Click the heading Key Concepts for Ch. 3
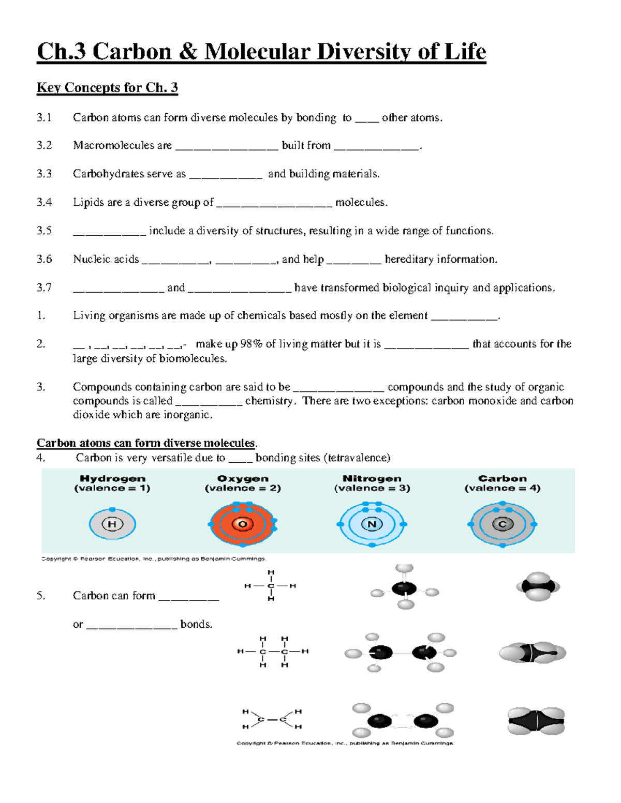tap(107, 87)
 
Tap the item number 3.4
tap(44, 202)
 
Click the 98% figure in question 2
tap(251, 344)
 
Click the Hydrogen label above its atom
tap(112, 479)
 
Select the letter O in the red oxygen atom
tap(242, 524)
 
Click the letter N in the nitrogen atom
tap(372, 524)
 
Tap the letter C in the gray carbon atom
tap(502, 524)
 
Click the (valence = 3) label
tap(372, 488)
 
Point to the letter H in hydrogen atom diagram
tap(112, 524)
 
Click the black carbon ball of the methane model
tap(404, 588)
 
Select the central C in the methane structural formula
tap(271, 586)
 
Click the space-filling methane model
tap(538, 586)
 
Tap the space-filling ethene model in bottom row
tap(536, 721)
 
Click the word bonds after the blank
tap(196, 624)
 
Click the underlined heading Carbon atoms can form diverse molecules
tap(146, 443)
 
